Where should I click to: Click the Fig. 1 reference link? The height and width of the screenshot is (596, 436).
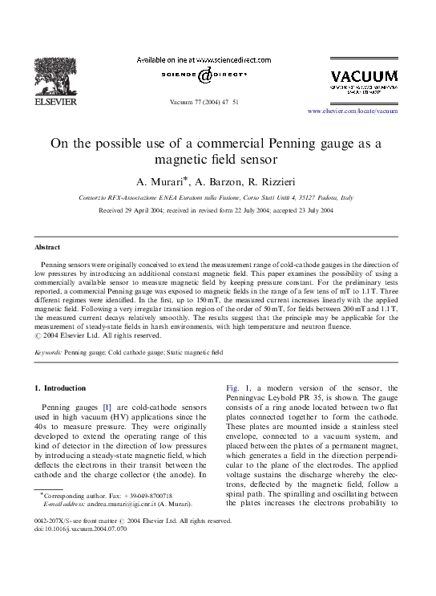click(237, 387)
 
